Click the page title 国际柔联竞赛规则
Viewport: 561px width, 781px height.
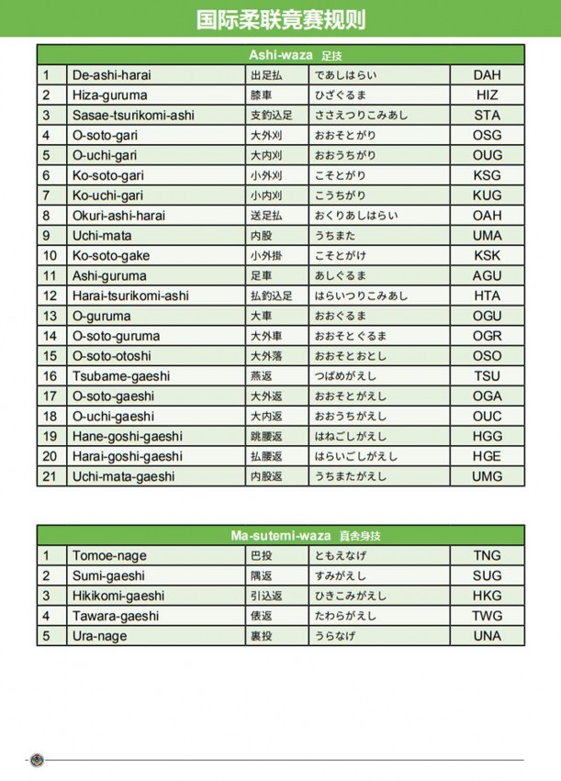(280, 20)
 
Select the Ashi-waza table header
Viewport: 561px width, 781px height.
(280, 55)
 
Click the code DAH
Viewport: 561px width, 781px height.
(487, 75)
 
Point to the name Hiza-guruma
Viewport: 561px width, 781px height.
(109, 95)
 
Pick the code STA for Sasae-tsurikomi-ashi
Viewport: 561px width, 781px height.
(487, 116)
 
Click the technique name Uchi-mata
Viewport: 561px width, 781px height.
(101, 236)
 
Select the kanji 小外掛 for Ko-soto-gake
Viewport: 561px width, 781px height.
(266, 256)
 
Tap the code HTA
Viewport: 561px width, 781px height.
(487, 296)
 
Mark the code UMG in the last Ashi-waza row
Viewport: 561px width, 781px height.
(487, 476)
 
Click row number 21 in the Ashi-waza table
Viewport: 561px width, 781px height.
(50, 476)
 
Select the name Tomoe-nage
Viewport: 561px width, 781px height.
(109, 556)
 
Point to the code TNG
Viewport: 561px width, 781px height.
(487, 556)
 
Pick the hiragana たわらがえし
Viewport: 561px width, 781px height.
(346, 616)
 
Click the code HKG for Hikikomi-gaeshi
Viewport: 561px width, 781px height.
(487, 596)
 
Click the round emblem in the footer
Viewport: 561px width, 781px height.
(37, 760)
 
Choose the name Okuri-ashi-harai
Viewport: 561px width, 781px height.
(118, 216)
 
